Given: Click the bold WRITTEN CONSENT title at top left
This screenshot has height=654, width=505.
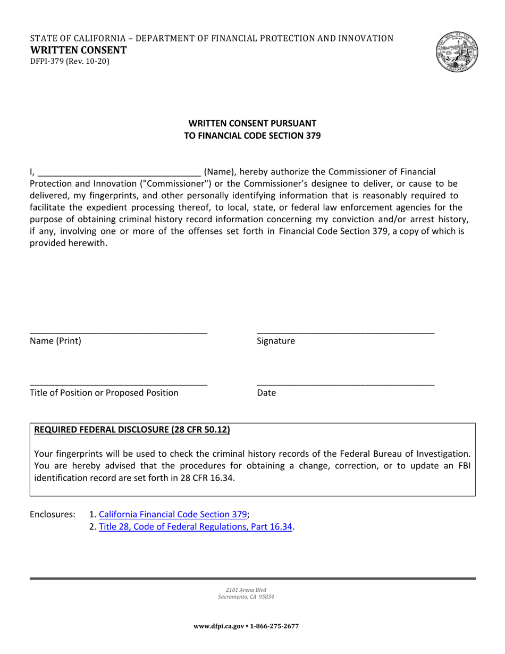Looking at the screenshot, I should (x=78, y=51).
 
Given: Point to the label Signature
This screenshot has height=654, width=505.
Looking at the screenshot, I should (x=275, y=341).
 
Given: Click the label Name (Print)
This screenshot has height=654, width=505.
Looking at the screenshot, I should (x=56, y=341).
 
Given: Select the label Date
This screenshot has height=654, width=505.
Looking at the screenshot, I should (x=266, y=393).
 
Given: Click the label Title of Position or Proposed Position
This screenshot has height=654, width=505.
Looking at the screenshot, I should (x=104, y=393).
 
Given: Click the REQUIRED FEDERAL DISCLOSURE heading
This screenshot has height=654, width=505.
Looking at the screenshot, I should (x=132, y=430).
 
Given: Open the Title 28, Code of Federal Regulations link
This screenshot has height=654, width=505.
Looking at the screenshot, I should (x=196, y=527).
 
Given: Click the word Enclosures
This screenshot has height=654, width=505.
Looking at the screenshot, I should (x=53, y=514).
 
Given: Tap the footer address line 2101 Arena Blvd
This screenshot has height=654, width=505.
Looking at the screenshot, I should (x=246, y=590).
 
